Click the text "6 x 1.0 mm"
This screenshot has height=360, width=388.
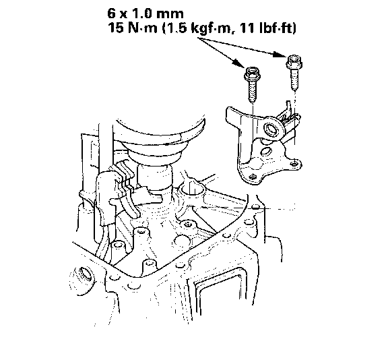(145, 13)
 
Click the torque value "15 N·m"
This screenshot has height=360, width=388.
(133, 28)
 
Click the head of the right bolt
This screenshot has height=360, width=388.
(294, 61)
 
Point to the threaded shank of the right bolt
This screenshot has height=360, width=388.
(294, 80)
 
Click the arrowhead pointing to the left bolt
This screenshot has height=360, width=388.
(239, 63)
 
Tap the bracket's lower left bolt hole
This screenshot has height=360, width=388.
(252, 177)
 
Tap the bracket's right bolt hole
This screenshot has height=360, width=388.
(294, 164)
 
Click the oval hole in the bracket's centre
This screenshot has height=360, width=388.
(265, 151)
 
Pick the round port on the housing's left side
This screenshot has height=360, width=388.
(85, 274)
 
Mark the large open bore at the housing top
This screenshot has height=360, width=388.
(193, 191)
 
